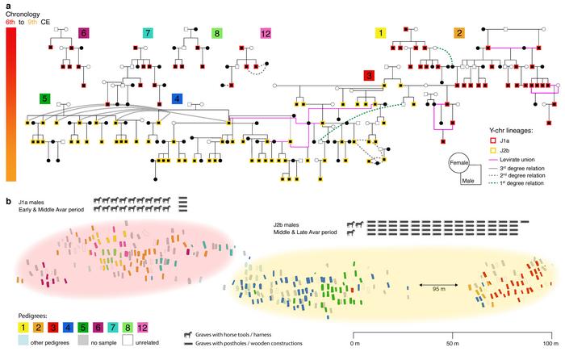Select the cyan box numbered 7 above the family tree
pyautogui.click(x=148, y=34)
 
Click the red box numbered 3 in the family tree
pyautogui.click(x=370, y=76)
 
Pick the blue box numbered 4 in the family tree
pyautogui.click(x=177, y=98)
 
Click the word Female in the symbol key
pyautogui.click(x=461, y=164)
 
